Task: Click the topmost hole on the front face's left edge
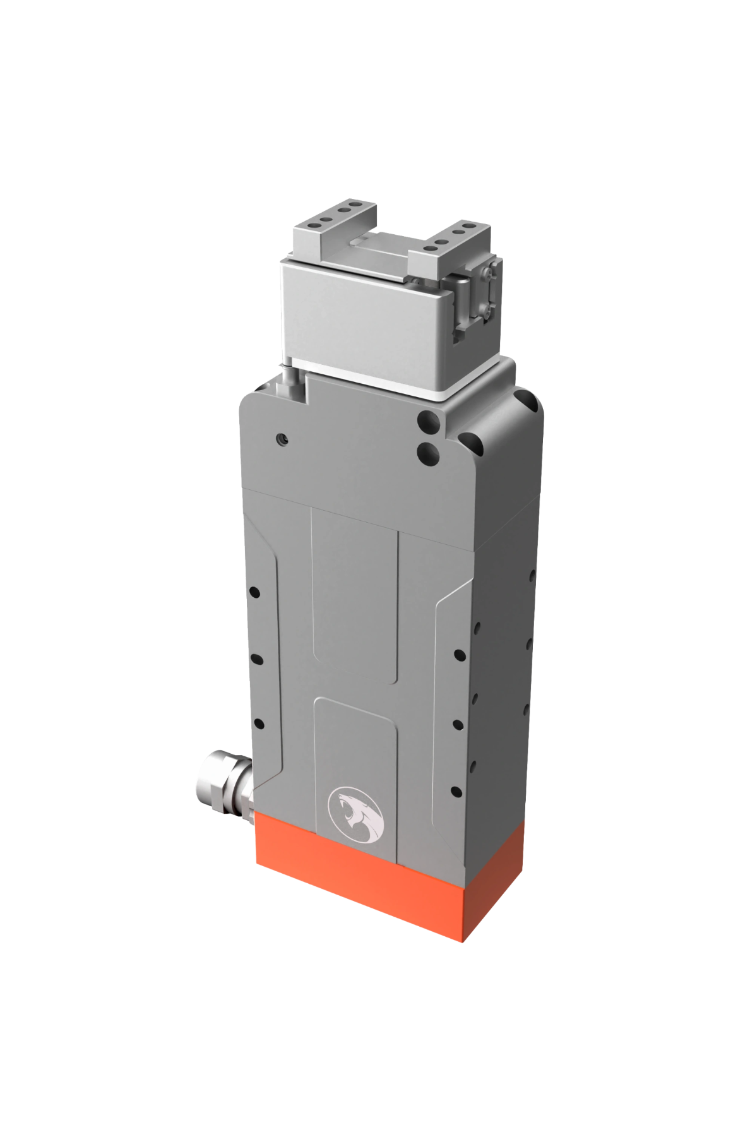point(255,593)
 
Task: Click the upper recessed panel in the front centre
point(354,593)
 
